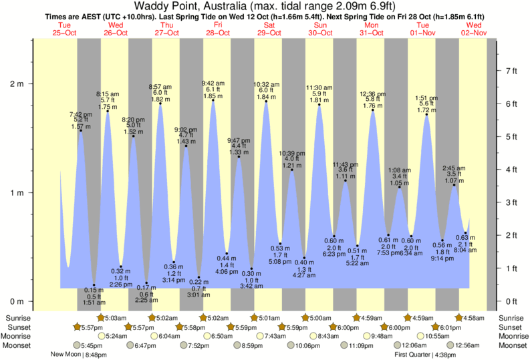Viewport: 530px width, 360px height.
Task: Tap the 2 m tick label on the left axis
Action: (17, 84)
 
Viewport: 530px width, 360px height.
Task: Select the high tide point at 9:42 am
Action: (213, 102)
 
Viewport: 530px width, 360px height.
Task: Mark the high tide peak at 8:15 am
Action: (108, 112)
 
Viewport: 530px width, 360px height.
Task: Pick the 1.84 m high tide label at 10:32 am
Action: (266, 98)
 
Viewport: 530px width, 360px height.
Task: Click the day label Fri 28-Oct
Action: (215, 28)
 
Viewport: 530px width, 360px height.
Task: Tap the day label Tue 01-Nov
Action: (422, 28)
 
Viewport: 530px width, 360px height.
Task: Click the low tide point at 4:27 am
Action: (304, 258)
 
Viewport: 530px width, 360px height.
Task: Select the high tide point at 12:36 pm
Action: (372, 110)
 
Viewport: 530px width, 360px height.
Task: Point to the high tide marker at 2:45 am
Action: (454, 185)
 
